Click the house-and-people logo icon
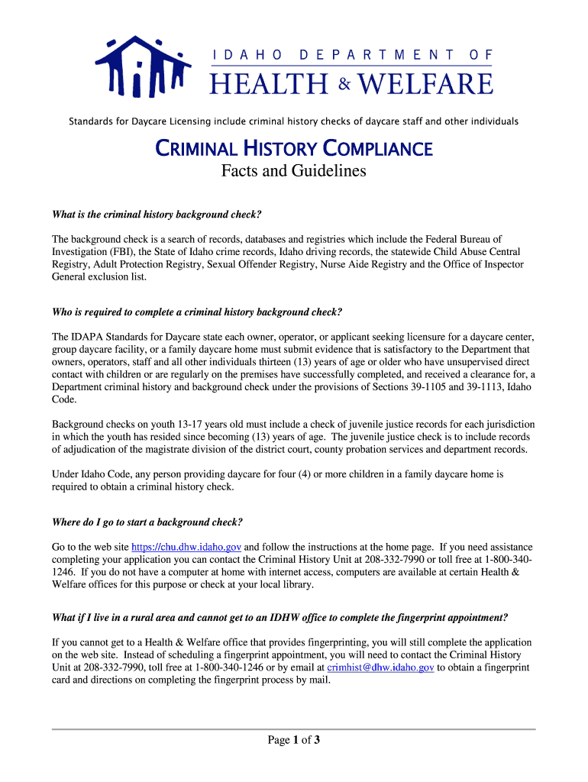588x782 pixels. (142, 67)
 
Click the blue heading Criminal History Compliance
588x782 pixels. (294, 148)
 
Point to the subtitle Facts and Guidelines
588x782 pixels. (294, 171)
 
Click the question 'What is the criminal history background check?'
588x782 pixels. (161, 214)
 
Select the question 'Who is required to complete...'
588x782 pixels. (197, 312)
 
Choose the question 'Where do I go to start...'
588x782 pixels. (147, 522)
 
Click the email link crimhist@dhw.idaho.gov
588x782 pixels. (380, 667)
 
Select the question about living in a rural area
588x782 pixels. (279, 617)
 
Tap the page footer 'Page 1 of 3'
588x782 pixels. (293, 740)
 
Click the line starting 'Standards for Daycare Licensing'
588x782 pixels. (294, 121)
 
